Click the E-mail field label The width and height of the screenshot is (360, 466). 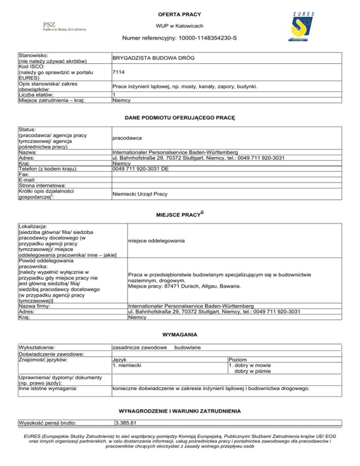coord(27,180)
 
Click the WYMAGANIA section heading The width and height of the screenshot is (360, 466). coord(180,335)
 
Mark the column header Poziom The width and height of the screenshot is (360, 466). coord(238,359)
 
